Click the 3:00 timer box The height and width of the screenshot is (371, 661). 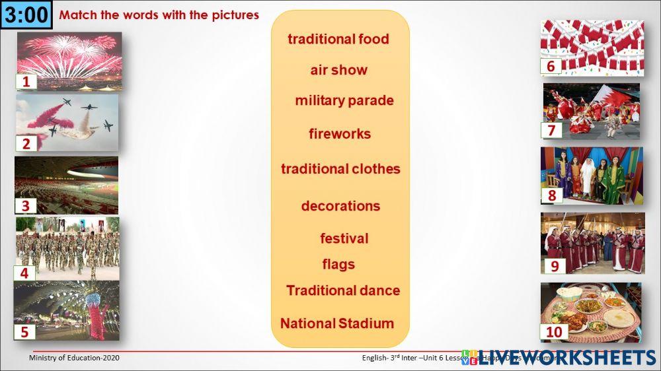(x=26, y=15)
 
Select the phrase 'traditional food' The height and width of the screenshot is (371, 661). (x=338, y=39)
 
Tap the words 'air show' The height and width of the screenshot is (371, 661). (x=338, y=70)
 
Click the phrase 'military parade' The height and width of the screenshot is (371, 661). (x=344, y=100)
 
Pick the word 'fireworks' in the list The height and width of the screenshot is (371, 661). (x=339, y=134)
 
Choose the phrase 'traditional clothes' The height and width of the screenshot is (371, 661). (x=340, y=169)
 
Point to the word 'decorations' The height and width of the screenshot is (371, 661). (x=340, y=206)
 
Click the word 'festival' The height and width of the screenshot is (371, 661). (x=344, y=238)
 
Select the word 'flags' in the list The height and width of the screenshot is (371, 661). (x=338, y=265)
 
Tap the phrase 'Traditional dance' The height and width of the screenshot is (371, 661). (x=342, y=290)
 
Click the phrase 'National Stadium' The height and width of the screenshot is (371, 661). (x=336, y=323)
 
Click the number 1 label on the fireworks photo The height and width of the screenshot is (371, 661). (x=26, y=82)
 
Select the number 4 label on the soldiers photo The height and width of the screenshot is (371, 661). (x=24, y=273)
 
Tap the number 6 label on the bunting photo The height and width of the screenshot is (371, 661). (x=550, y=66)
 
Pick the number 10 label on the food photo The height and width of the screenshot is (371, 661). (x=554, y=331)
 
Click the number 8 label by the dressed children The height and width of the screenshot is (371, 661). (x=551, y=195)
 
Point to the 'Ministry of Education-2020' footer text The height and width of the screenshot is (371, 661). (x=74, y=358)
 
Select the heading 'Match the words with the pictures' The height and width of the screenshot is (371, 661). (x=159, y=15)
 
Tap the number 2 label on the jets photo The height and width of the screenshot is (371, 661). (x=26, y=144)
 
